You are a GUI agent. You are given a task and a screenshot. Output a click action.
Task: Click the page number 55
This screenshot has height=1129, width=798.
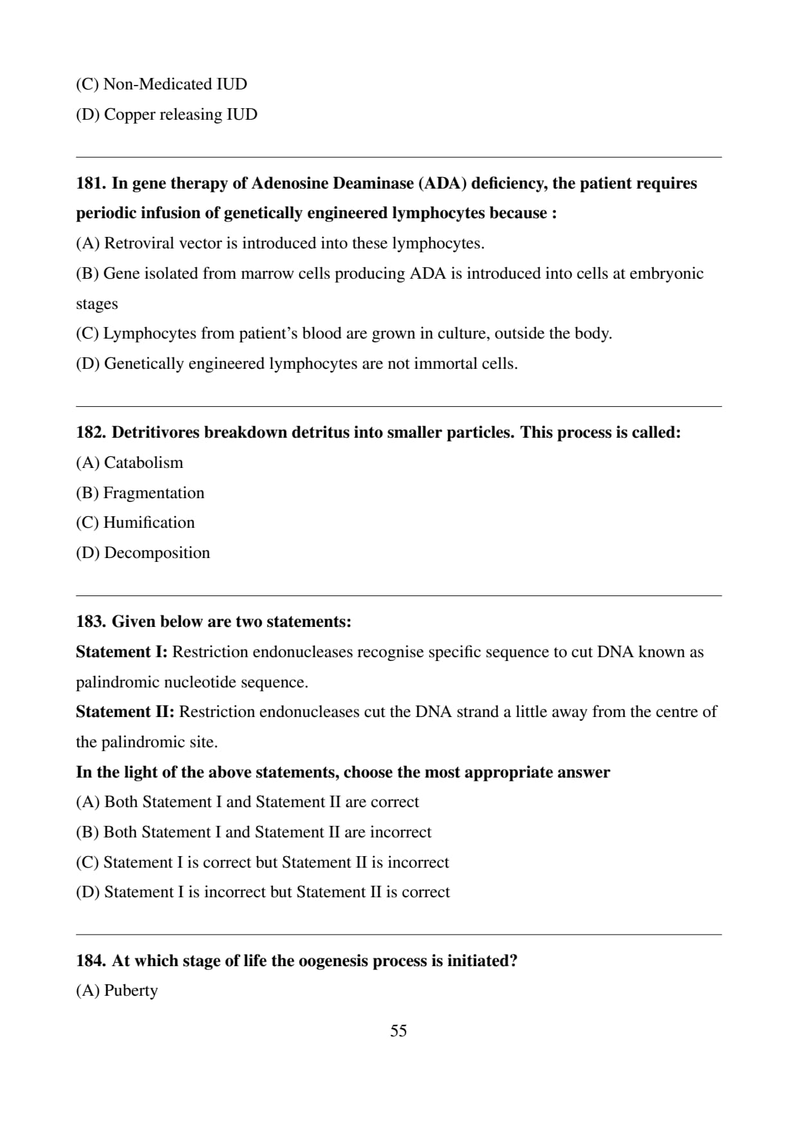pyautogui.click(x=398, y=1031)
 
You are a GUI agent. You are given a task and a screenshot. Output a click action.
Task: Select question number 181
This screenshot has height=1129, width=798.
pyautogui.click(x=91, y=183)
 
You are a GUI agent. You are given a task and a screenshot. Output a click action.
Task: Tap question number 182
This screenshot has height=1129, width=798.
pyautogui.click(x=91, y=433)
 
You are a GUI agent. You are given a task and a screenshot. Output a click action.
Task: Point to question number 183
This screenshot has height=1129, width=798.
pyautogui.click(x=91, y=622)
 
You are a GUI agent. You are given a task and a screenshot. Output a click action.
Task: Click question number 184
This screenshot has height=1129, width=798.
pyautogui.click(x=91, y=961)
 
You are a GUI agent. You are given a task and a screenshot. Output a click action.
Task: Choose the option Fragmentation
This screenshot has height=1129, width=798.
pyautogui.click(x=153, y=493)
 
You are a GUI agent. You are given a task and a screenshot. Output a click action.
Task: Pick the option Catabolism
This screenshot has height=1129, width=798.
pyautogui.click(x=143, y=463)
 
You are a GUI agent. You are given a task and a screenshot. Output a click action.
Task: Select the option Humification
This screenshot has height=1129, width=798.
pyautogui.click(x=149, y=523)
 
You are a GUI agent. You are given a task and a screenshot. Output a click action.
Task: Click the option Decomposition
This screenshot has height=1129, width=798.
pyautogui.click(x=156, y=553)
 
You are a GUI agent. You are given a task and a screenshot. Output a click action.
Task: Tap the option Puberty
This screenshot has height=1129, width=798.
pyautogui.click(x=131, y=991)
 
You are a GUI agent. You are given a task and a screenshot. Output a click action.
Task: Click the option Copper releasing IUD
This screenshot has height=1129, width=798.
pyautogui.click(x=180, y=115)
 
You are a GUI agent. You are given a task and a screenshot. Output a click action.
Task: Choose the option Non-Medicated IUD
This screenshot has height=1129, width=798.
pyautogui.click(x=175, y=84)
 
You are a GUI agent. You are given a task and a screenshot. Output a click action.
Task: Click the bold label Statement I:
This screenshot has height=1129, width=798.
pyautogui.click(x=122, y=652)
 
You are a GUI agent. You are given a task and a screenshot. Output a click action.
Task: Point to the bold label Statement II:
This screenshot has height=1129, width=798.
pyautogui.click(x=125, y=712)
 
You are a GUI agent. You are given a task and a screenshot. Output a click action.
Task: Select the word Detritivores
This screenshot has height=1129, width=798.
pyautogui.click(x=156, y=433)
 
